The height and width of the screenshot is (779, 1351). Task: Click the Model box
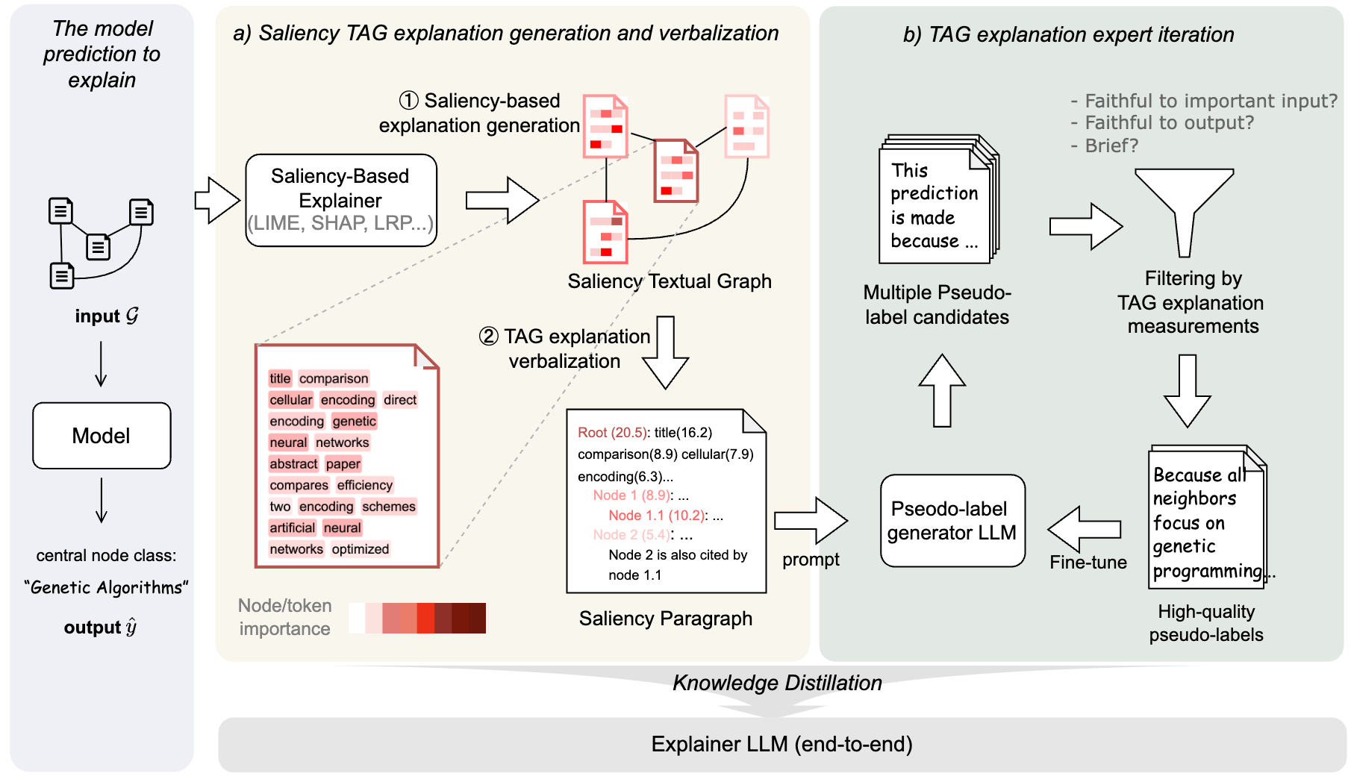click(102, 436)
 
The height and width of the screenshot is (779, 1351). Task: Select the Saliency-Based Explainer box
click(340, 200)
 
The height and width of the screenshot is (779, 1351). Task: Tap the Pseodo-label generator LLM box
click(952, 521)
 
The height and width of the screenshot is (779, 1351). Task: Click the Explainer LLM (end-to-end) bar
click(781, 744)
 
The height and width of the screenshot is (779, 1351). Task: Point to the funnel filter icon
click(1184, 209)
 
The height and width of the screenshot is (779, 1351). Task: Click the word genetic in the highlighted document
click(354, 422)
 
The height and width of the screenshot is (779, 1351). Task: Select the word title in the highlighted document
click(280, 378)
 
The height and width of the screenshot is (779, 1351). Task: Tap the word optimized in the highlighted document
click(361, 549)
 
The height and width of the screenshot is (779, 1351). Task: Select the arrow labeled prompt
click(811, 520)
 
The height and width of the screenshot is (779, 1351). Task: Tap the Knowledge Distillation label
click(777, 683)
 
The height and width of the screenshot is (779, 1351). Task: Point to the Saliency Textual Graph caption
click(669, 281)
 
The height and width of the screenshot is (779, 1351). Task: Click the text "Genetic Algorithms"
click(106, 588)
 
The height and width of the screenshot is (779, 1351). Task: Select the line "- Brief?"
click(1105, 146)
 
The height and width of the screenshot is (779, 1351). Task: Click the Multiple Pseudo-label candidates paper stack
click(937, 200)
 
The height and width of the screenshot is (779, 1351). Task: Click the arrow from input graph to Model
click(102, 364)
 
